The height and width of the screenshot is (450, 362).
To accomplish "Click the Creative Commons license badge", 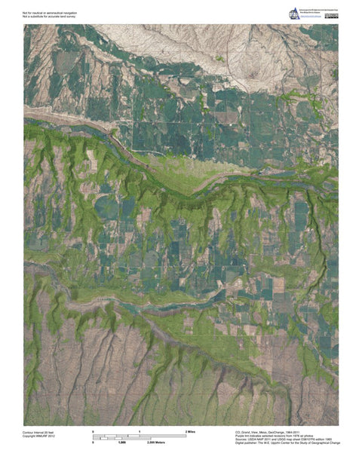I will click(x=330, y=16).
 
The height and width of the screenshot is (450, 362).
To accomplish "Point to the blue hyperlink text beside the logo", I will click(x=310, y=17).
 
